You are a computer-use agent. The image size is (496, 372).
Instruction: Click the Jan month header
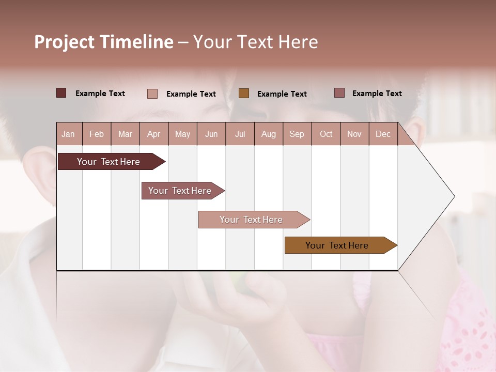coord(68,134)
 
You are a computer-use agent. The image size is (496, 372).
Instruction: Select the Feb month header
coord(97,134)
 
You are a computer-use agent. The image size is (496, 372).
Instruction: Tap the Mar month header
coord(125,134)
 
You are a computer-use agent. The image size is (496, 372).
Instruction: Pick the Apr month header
coord(153,134)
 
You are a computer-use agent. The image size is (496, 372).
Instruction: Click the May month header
coord(182,134)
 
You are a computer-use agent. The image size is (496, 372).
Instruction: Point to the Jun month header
coord(211,134)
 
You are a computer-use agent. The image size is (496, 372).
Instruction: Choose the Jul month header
coord(240,134)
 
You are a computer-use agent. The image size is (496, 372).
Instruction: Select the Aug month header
coord(268,134)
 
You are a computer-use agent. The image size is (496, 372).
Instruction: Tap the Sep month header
coord(297,134)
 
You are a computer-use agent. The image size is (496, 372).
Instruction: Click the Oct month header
coord(326,134)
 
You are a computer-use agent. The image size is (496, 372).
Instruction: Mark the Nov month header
coord(354,134)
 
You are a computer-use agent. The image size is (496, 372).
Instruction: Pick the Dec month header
coord(383,134)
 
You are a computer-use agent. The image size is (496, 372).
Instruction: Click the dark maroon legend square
coord(61,93)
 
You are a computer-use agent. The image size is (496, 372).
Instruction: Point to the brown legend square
coord(244,94)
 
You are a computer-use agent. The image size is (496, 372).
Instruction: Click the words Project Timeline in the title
coord(104,42)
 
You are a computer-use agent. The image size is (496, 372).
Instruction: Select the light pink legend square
coord(152,94)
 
